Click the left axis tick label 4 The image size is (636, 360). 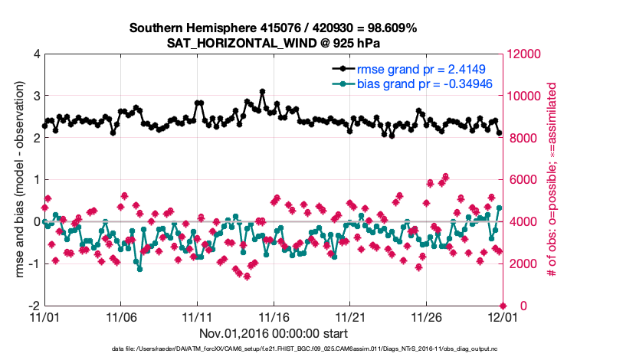pyautogui.click(x=36, y=54)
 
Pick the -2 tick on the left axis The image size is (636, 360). pyautogui.click(x=33, y=306)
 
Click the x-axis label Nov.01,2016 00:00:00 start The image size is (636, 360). pyautogui.click(x=273, y=333)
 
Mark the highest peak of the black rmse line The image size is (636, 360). pyautogui.click(x=262, y=92)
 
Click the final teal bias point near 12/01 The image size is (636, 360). pyautogui.click(x=499, y=208)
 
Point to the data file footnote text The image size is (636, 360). pyautogui.click(x=303, y=349)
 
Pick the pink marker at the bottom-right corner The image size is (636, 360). pyautogui.click(x=503, y=306)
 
